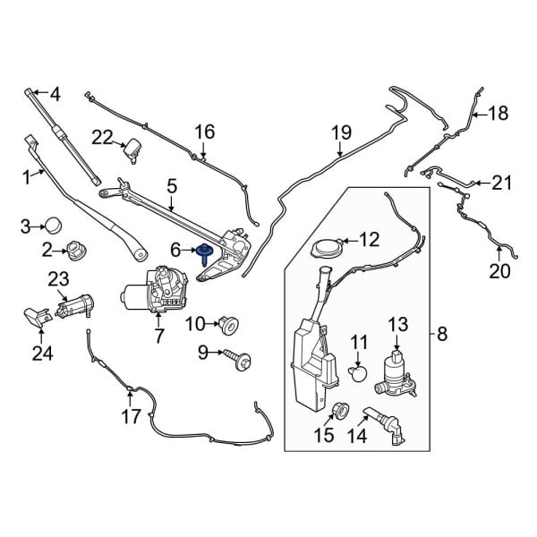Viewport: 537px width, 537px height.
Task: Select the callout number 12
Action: coord(370,239)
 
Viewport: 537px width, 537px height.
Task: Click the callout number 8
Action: coord(440,336)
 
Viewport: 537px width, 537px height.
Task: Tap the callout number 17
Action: coord(132,416)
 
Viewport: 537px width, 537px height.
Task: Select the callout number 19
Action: coord(341,133)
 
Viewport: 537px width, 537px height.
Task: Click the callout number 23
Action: coord(57,279)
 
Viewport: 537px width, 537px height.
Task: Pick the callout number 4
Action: coord(54,94)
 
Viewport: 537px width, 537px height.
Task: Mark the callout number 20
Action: coord(499,271)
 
